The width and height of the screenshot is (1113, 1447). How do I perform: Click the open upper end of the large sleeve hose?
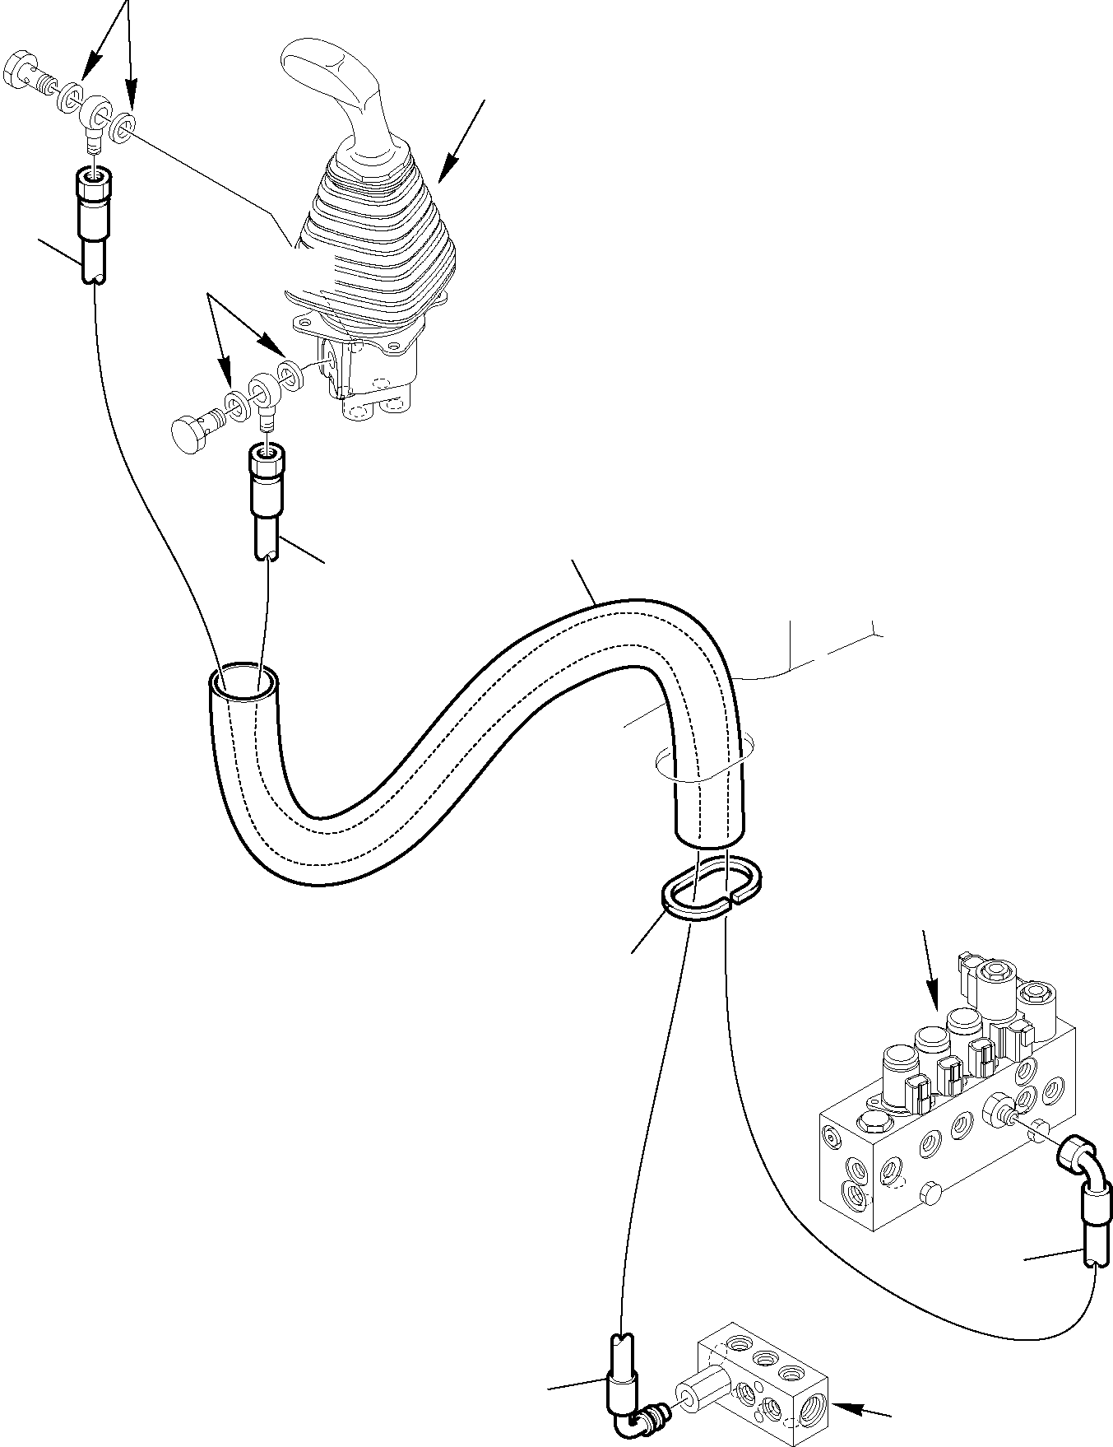(x=243, y=682)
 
